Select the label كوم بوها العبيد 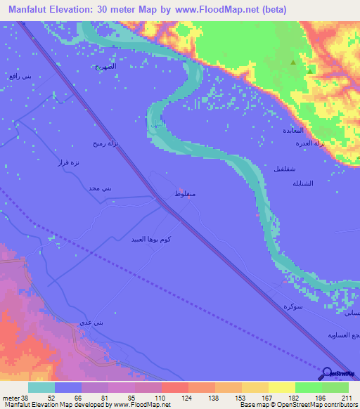pos(148,240)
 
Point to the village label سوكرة pos(293,307)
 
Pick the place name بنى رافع pos(21,75)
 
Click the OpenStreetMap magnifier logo pos(326,375)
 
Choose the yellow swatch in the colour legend pos(281,387)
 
